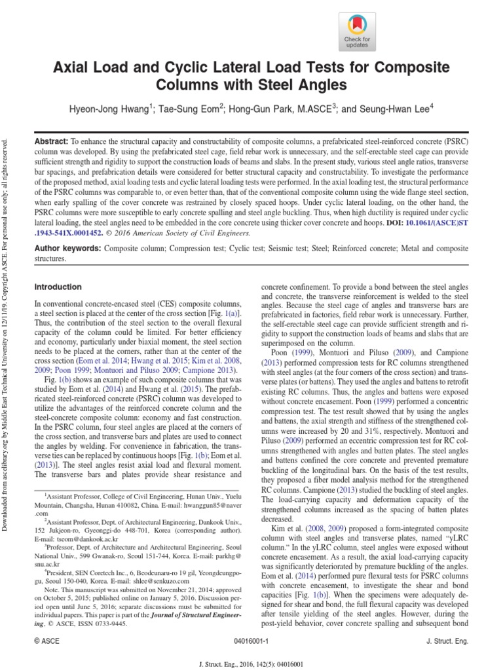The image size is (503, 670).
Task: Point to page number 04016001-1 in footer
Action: pos(251,642)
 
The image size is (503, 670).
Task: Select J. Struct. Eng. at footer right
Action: pos(447,642)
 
